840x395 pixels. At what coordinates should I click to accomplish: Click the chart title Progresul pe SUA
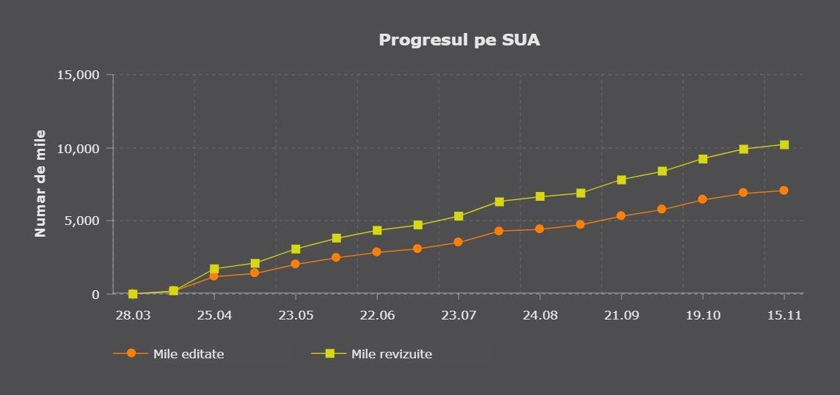459,40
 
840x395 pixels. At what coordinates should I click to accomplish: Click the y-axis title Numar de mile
40,183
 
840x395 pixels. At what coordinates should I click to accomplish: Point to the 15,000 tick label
78,75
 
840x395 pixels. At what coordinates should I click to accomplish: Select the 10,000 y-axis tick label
78,148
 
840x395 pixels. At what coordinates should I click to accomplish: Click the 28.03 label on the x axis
133,315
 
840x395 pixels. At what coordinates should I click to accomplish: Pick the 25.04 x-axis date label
214,315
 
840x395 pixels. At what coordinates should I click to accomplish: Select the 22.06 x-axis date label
377,315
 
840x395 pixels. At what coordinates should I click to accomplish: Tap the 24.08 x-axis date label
540,315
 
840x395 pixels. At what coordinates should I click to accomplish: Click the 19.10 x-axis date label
703,315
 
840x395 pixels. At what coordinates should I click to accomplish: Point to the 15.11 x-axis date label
784,315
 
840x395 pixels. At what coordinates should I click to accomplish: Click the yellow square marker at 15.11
784,144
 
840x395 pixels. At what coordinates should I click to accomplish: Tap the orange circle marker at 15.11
784,191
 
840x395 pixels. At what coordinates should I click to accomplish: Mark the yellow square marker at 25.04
214,269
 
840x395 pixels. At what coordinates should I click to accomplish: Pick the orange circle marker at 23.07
459,242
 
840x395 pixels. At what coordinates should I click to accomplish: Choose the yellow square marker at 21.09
621,180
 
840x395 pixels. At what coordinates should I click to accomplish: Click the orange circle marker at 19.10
703,199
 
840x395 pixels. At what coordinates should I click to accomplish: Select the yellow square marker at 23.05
296,249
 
